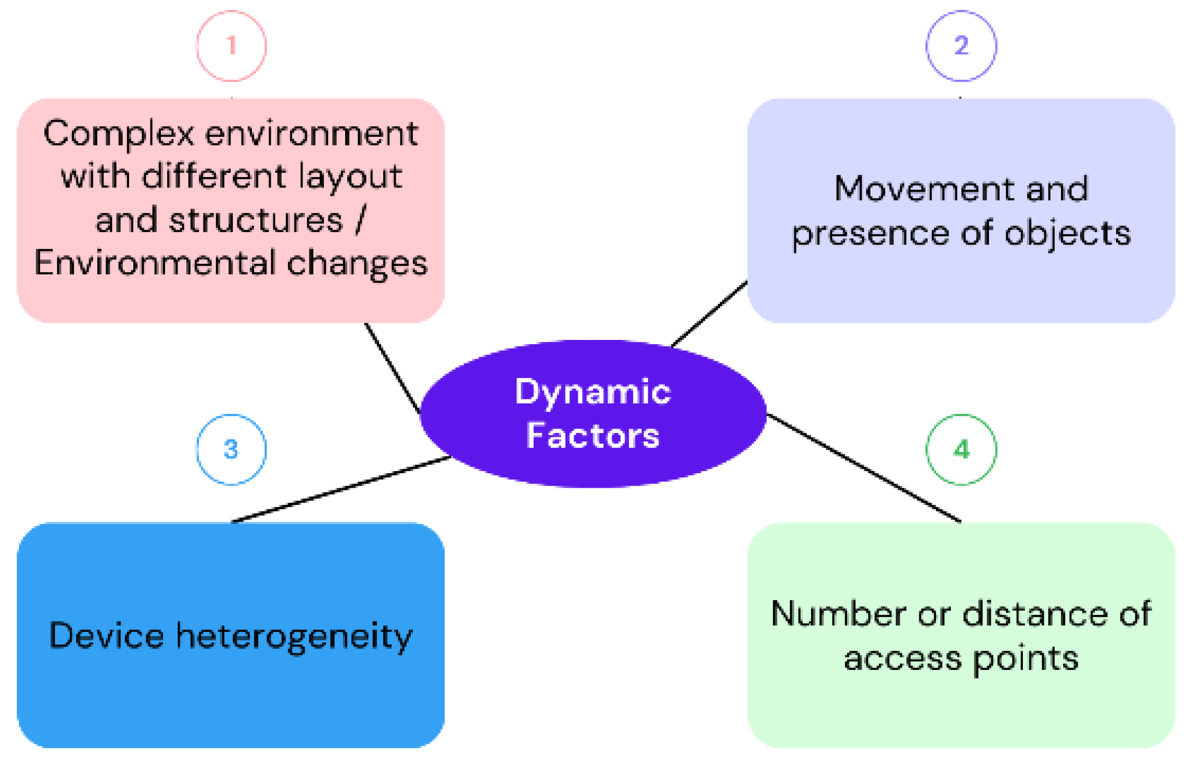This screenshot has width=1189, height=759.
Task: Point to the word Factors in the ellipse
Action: coord(592,435)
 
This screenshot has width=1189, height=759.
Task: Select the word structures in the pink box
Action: coord(256,220)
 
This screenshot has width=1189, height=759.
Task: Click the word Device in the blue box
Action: coord(106,635)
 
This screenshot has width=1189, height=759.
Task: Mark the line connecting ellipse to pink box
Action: coord(392,368)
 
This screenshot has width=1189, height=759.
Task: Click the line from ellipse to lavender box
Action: coord(709,314)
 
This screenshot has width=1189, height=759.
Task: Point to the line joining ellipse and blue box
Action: coord(341,489)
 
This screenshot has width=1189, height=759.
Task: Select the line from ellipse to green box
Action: coord(864,468)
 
